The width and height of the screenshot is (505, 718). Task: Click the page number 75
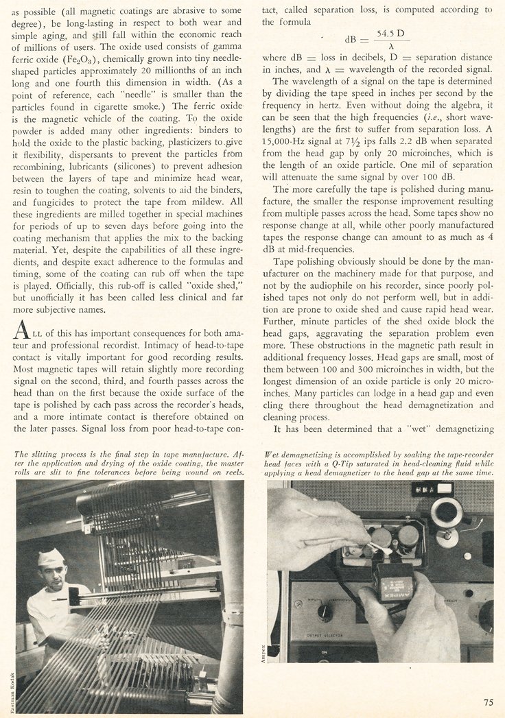click(487, 702)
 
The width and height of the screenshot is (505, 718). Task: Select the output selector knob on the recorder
click(321, 610)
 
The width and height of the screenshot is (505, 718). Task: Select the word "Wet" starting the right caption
click(274, 454)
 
